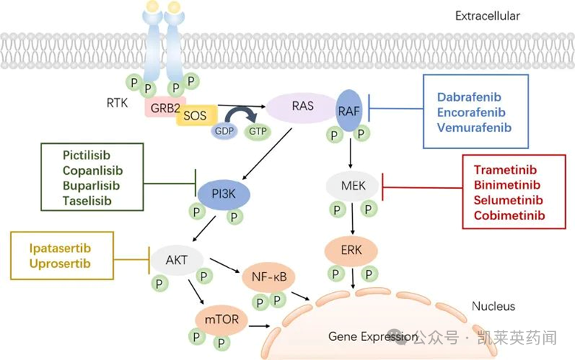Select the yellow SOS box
[x=196, y=116]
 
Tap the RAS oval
[x=302, y=106]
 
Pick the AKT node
[x=176, y=260]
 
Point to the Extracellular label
[x=487, y=15]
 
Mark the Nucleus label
[x=493, y=306]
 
